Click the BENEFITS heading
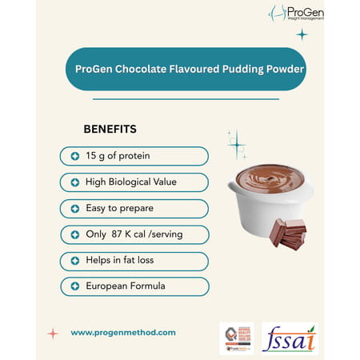pos(110,128)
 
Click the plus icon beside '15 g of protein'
pos(75,156)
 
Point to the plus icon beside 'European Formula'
pos(75,286)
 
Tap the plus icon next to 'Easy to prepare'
pos(75,208)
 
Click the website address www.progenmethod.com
pos(123,332)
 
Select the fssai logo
pos(290,338)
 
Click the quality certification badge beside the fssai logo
pos(236,338)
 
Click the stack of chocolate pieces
pos(289,233)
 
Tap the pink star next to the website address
pos(53,333)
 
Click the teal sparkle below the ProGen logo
pos(302,34)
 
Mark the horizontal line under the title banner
pos(186,99)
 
